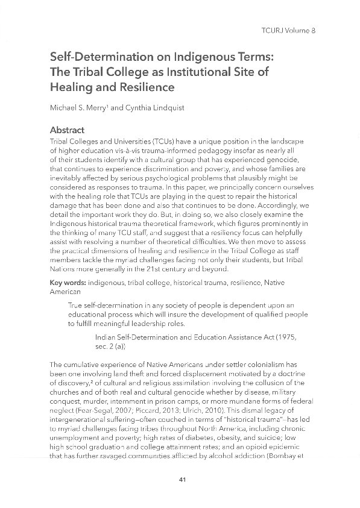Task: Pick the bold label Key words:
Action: pyautogui.click(x=68, y=283)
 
